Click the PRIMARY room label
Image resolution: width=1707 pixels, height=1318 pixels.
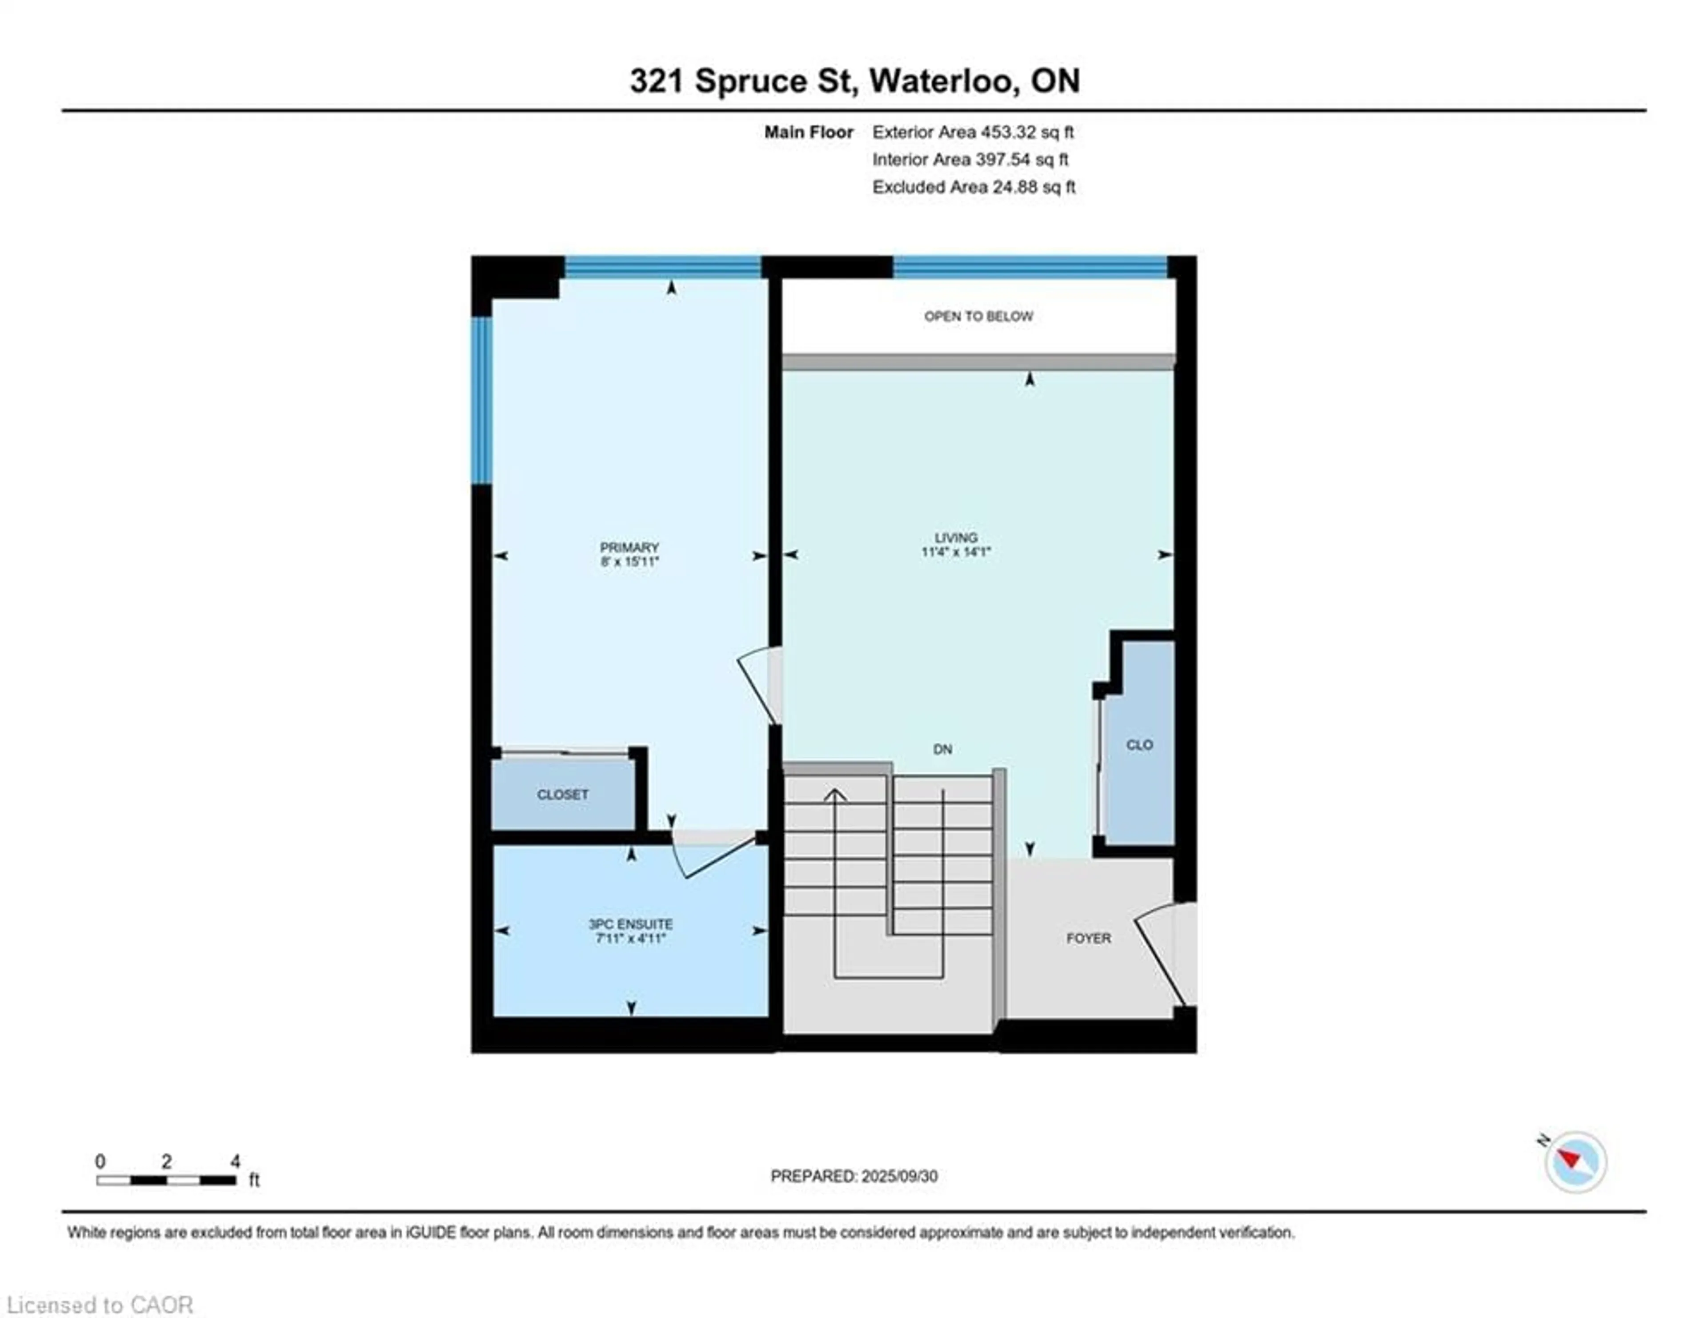(x=629, y=547)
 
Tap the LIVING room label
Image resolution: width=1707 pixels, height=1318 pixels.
(x=956, y=538)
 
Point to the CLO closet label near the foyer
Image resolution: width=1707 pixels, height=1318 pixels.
(x=1139, y=745)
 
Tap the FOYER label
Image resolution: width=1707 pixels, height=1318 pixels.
(x=1088, y=938)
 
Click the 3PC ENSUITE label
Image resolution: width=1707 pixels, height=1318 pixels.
(x=630, y=924)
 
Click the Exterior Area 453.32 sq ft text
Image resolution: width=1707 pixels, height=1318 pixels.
(x=973, y=132)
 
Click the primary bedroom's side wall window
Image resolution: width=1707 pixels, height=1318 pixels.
(x=481, y=400)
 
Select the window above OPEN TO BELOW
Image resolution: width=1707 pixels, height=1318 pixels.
(x=1030, y=266)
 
